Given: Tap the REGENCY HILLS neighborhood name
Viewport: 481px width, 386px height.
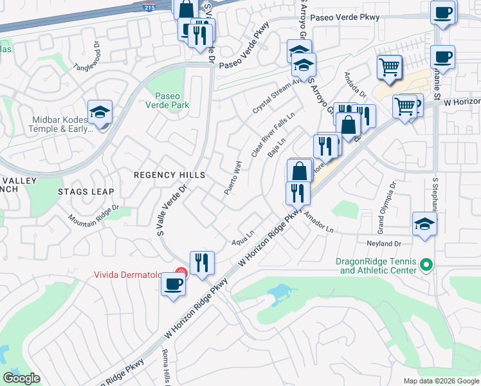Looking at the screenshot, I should tap(168, 175).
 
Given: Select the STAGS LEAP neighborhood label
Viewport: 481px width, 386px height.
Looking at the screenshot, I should tap(86, 192).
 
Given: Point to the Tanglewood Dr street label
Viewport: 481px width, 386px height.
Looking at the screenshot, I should tap(87, 58).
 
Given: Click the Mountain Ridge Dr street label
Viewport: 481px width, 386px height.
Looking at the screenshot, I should tap(95, 213).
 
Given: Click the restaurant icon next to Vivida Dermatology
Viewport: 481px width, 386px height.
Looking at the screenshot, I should tap(202, 262).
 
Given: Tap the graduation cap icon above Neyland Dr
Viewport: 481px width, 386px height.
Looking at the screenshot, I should tap(425, 224).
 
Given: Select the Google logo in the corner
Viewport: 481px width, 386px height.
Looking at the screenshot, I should tap(22, 378).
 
